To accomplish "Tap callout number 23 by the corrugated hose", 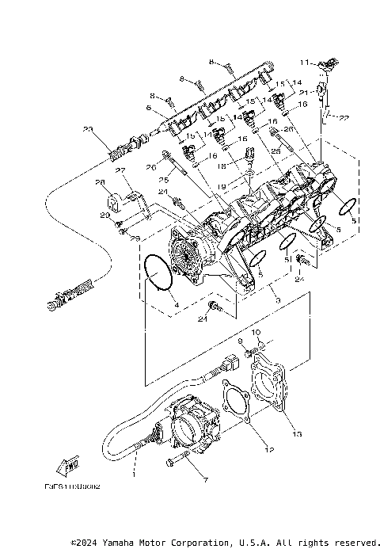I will pos(87,129).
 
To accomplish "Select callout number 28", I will pos(101,183).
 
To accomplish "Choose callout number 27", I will pos(121,170).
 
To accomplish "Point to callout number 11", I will pos(303,60).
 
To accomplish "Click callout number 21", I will pos(303,92).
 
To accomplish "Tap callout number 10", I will pos(256,332).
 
